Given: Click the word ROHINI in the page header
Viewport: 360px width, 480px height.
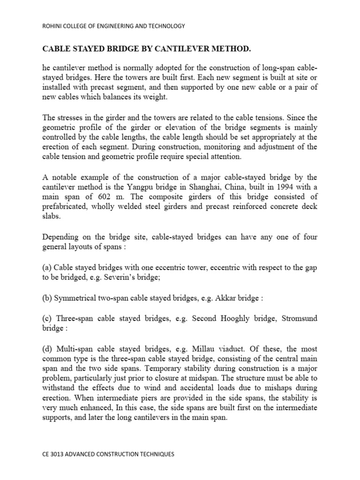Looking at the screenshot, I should coord(53,26).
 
